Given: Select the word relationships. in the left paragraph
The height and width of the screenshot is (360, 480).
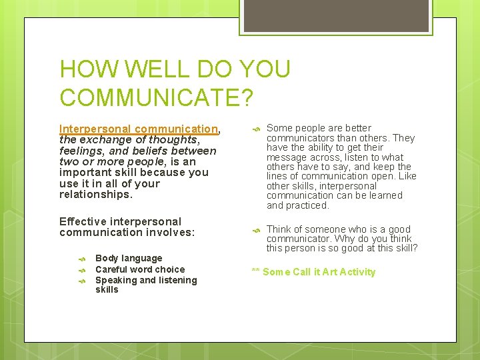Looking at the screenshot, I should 95,195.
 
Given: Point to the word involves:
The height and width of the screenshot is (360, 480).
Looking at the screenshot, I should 171,233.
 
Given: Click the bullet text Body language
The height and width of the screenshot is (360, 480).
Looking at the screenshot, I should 129,258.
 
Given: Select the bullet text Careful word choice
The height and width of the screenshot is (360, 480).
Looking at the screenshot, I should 140,269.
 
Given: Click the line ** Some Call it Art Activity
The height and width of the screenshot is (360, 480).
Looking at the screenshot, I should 313,272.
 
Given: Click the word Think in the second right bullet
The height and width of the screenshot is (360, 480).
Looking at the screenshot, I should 279,229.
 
